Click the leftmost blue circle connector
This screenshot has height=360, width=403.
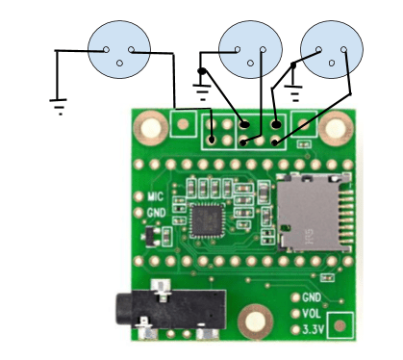click(x=119, y=49)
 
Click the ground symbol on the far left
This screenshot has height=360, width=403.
click(x=60, y=105)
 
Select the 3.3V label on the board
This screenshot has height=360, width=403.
click(x=314, y=329)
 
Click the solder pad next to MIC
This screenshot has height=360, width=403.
click(x=138, y=196)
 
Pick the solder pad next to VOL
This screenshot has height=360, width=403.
click(x=295, y=313)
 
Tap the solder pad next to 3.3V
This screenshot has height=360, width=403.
click(x=295, y=329)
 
